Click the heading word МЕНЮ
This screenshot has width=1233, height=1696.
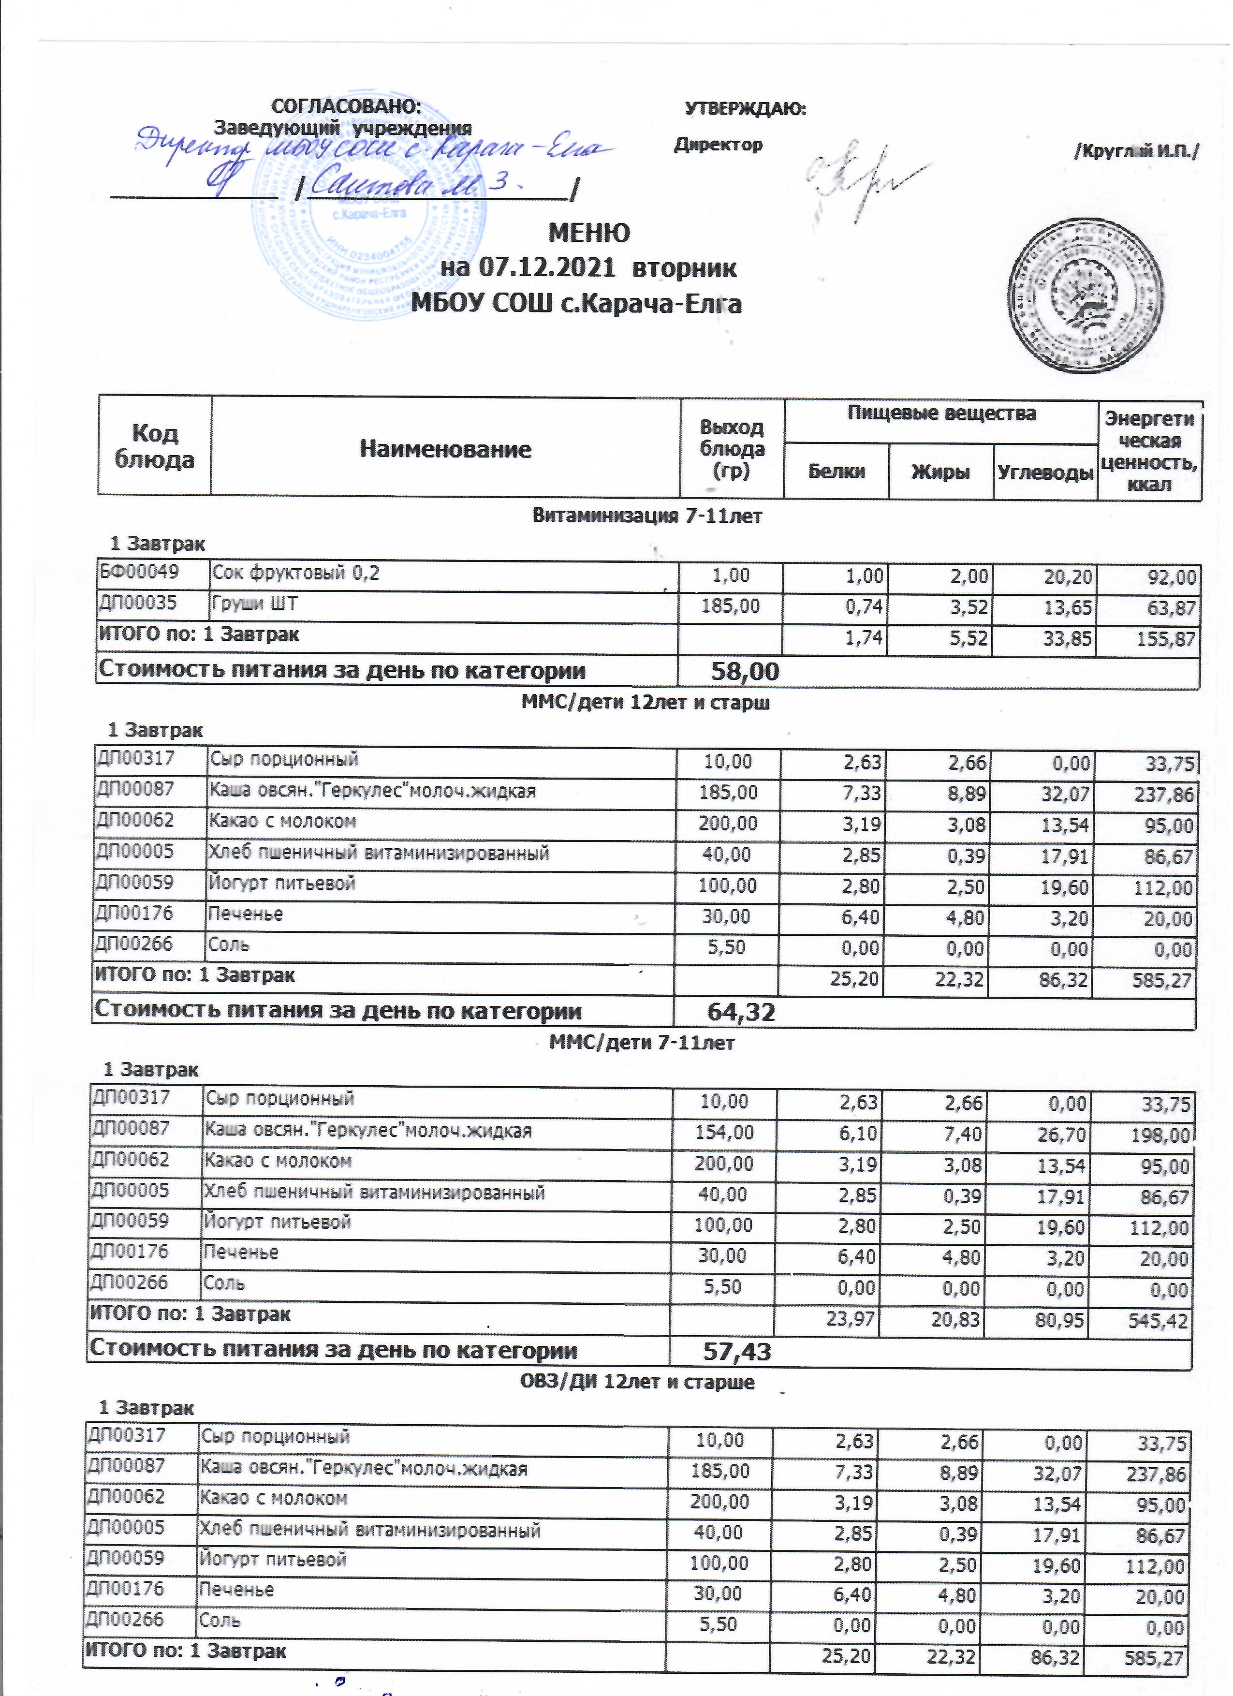pos(589,233)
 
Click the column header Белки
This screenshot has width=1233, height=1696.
pos(836,472)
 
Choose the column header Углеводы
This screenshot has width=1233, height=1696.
pos(1044,472)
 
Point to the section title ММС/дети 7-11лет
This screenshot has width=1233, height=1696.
pos(642,1043)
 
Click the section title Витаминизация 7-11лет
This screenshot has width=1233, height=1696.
pos(646,516)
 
